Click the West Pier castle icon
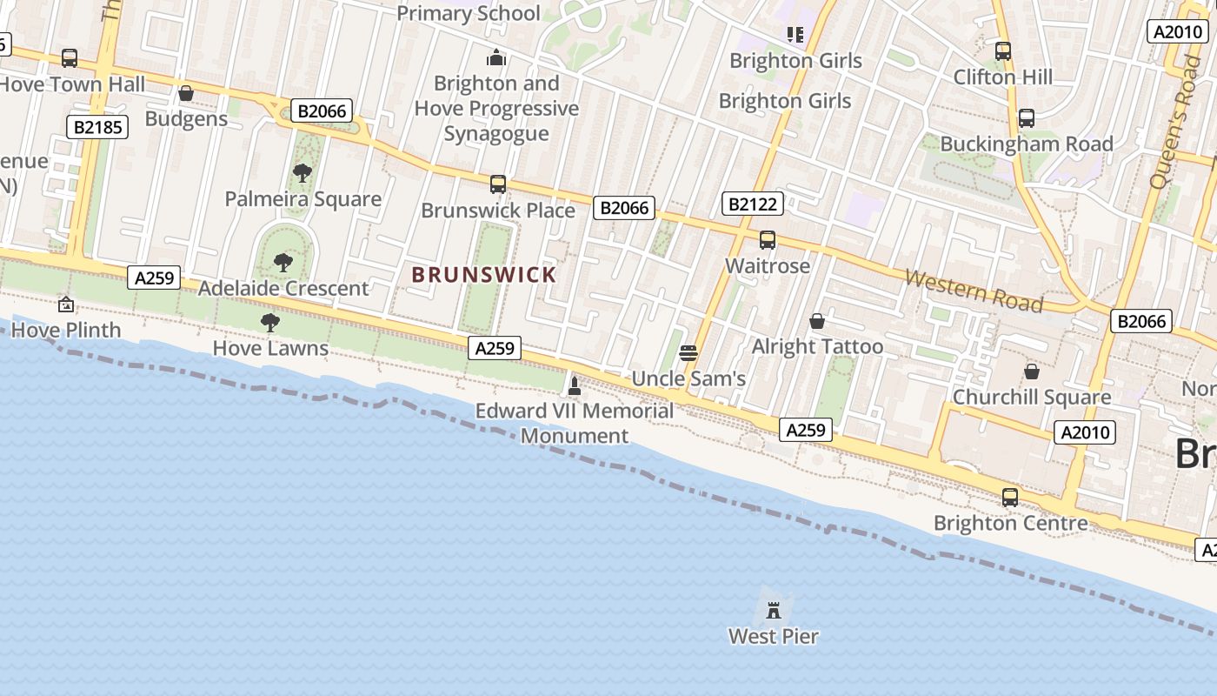[774, 610]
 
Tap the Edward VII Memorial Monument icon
[574, 385]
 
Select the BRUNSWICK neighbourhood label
[483, 275]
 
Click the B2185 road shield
[97, 127]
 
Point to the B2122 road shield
[753, 204]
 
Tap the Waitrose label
[768, 265]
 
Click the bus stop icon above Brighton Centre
[1009, 498]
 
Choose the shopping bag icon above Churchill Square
[1031, 371]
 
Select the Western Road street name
[974, 291]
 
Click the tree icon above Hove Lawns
[270, 323]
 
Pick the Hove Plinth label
[66, 330]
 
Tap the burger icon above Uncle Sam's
[688, 353]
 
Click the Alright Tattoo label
[817, 346]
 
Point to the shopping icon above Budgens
[185, 93]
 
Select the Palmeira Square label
[303, 199]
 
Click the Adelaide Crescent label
[283, 288]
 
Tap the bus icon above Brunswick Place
[498, 184]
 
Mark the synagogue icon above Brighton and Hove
[496, 58]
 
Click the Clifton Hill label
[1003, 77]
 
